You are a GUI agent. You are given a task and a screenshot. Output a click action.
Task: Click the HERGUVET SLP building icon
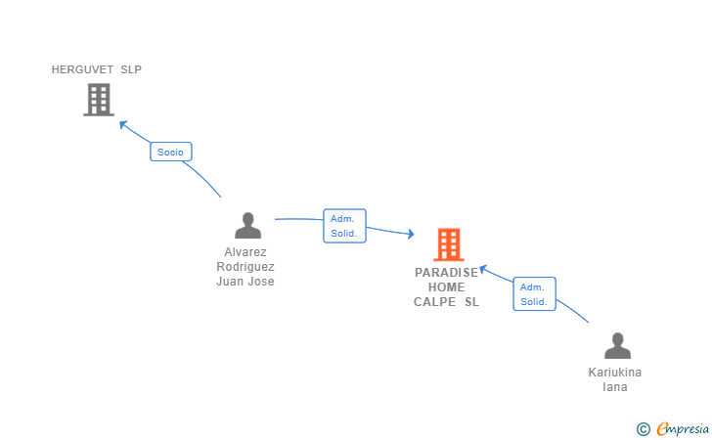click(98, 100)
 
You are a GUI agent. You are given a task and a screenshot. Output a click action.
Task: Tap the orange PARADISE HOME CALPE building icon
click(448, 244)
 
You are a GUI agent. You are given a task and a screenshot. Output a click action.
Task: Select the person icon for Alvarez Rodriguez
click(248, 226)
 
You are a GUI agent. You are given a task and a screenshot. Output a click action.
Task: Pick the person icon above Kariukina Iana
click(617, 346)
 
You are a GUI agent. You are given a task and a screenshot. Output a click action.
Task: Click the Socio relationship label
click(170, 153)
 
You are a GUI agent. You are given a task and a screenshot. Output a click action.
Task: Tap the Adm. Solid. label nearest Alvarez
click(344, 226)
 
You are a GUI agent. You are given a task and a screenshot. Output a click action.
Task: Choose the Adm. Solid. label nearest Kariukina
click(534, 294)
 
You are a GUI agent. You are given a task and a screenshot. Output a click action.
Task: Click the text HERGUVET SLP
click(97, 69)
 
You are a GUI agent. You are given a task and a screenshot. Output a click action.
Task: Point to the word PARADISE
click(447, 273)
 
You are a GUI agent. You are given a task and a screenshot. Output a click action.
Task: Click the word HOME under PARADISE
click(447, 287)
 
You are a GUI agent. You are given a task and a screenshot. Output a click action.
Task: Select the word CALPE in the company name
click(434, 302)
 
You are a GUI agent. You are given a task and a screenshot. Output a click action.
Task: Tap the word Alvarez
click(245, 252)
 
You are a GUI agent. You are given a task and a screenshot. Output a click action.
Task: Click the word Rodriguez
click(245, 267)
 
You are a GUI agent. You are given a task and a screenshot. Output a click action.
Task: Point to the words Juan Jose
click(245, 282)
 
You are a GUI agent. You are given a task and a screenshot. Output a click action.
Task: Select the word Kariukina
click(615, 373)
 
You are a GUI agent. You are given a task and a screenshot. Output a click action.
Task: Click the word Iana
click(615, 387)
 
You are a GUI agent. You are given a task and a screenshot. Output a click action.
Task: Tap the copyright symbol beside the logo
click(643, 428)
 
